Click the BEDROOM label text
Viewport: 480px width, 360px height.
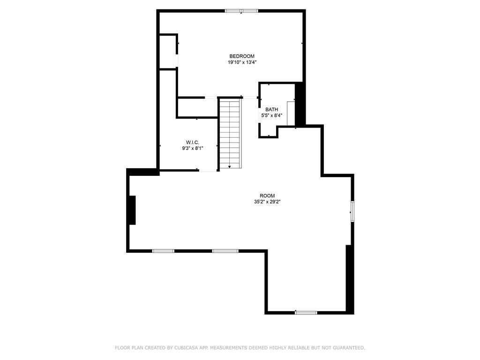coord(242,56)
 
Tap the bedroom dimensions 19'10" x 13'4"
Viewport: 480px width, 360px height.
coord(242,62)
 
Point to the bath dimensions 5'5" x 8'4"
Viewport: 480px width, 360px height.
coord(271,115)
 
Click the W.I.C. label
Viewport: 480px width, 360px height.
coord(193,142)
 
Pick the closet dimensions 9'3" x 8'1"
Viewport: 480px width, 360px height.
coord(193,148)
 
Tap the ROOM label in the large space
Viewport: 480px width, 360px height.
coord(267,196)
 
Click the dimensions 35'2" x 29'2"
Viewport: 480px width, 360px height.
coord(267,202)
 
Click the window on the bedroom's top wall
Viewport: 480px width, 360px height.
coord(241,11)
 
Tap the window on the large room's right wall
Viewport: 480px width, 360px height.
coord(352,211)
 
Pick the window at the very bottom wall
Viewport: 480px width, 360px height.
coord(306,312)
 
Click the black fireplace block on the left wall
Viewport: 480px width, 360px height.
coord(132,210)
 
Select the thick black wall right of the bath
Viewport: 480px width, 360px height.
coord(300,104)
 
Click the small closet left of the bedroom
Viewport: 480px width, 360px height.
coord(167,52)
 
